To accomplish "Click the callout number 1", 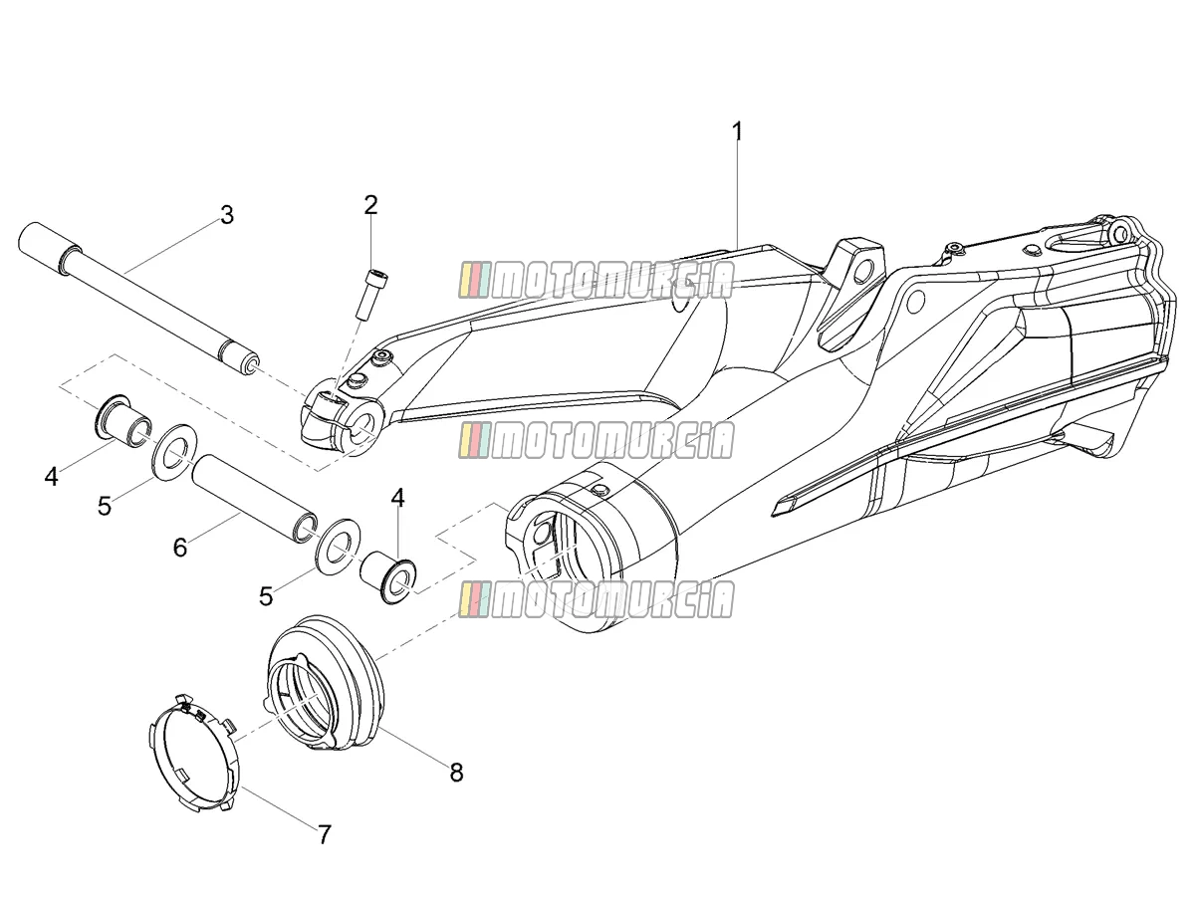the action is click(x=737, y=131).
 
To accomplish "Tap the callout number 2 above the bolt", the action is click(x=370, y=205).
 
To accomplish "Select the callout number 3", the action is click(x=227, y=215).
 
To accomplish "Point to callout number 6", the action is click(x=180, y=548).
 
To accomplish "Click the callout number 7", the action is click(x=325, y=834).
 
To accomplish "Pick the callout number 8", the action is click(x=457, y=773).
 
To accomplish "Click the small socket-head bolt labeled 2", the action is click(x=366, y=294).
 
